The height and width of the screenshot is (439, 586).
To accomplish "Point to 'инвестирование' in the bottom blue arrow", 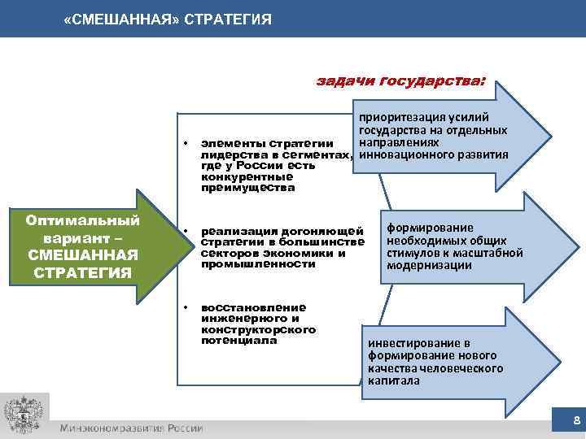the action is coord(408,343).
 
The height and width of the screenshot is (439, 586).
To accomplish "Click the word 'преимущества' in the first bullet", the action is coord(237,188).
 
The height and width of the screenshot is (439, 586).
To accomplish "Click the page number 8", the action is coord(576,420).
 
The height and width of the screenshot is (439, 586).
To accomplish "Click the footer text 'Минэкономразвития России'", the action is coord(131,428).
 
